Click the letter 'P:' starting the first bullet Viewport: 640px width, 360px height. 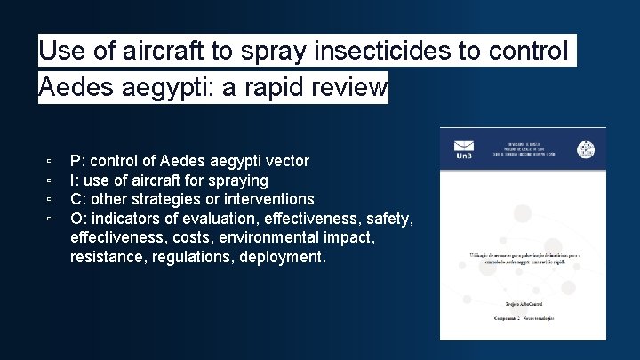(x=77, y=161)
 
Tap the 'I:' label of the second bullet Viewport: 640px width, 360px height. (x=75, y=180)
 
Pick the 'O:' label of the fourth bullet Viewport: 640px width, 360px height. (x=78, y=219)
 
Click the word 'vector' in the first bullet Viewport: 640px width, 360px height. (x=285, y=161)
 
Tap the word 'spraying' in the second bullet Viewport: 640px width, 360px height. (x=238, y=180)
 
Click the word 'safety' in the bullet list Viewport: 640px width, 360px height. (x=388, y=219)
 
